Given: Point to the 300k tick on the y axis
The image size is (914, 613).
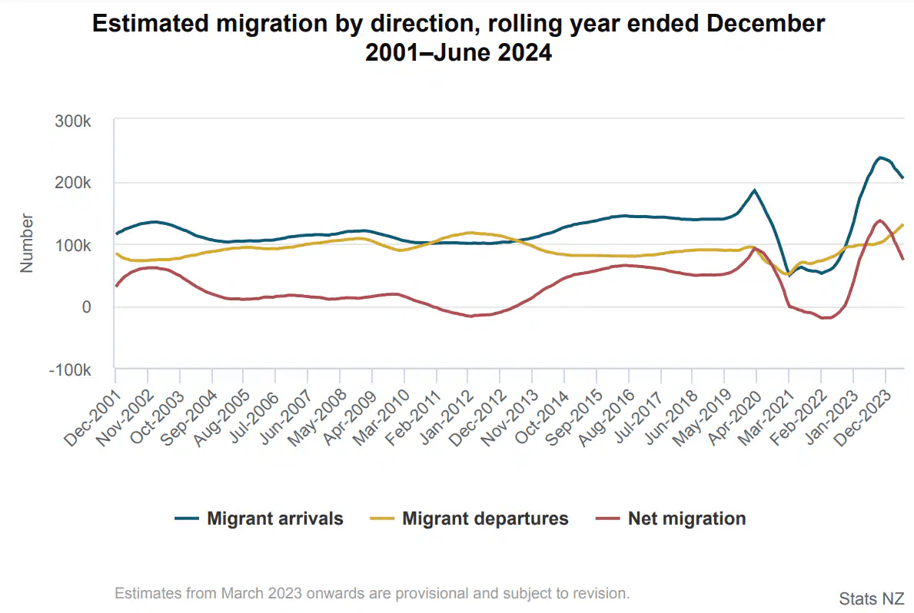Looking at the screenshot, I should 75,122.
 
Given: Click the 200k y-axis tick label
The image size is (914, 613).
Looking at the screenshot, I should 75,184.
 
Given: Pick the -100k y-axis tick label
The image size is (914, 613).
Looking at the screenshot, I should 71,369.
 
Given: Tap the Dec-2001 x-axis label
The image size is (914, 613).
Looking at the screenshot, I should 91,416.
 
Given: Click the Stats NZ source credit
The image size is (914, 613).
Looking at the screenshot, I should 871,598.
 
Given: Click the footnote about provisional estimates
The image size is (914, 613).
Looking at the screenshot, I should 372,593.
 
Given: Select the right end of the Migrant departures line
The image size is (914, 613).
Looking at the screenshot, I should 902,225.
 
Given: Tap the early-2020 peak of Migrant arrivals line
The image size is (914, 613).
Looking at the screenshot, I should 755,190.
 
